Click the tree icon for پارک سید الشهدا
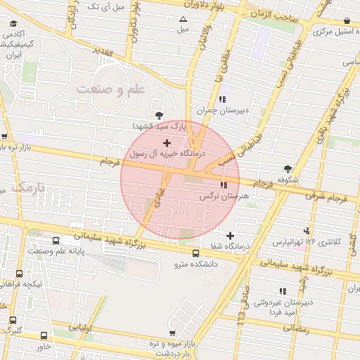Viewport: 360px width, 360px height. pyautogui.click(x=158, y=115)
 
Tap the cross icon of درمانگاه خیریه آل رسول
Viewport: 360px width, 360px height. pyautogui.click(x=166, y=143)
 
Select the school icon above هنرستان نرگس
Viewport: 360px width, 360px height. pyautogui.click(x=224, y=185)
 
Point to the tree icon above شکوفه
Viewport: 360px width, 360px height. pyautogui.click(x=288, y=168)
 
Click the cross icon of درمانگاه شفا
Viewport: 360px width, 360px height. pyautogui.click(x=230, y=235)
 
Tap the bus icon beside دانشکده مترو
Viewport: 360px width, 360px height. pyautogui.click(x=196, y=252)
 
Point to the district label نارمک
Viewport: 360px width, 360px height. pyautogui.click(x=27, y=188)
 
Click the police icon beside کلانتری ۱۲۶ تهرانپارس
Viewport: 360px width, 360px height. pyautogui.click(x=306, y=231)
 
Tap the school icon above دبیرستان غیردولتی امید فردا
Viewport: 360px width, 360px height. pyautogui.click(x=283, y=290)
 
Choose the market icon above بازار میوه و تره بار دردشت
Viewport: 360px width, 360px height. pyautogui.click(x=172, y=332)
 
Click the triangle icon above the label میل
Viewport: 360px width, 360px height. pyautogui.click(x=184, y=19)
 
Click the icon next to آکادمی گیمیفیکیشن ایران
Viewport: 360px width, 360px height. pyautogui.click(x=13, y=23)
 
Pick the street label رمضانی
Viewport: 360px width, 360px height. pyautogui.click(x=294, y=328)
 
